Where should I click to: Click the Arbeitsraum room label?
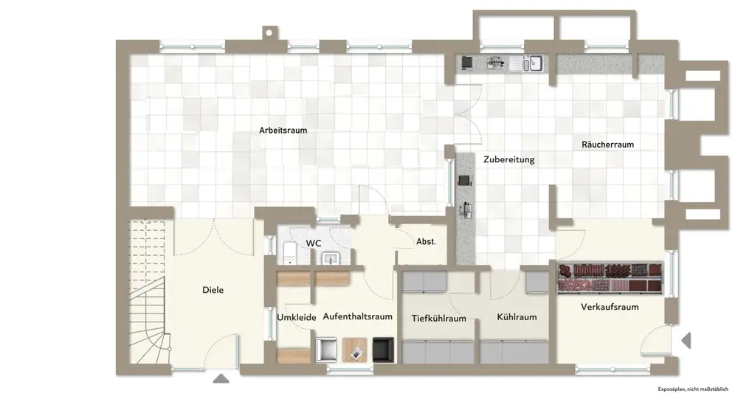pos(283,130)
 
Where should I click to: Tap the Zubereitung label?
pos(508,159)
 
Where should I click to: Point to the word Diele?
pos(213,290)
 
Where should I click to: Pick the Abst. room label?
pos(426,241)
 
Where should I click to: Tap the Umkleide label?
pos(297,317)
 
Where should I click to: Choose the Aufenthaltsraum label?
pos(357,316)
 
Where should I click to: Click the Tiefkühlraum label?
pos(438,319)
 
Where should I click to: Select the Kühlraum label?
pos(517,317)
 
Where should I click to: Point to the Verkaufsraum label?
pos(609,307)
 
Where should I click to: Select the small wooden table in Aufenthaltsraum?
pos(355,349)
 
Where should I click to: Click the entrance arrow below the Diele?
pos(221,379)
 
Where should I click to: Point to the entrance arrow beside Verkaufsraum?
pos(686,341)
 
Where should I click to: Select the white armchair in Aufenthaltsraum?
pos(326,350)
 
